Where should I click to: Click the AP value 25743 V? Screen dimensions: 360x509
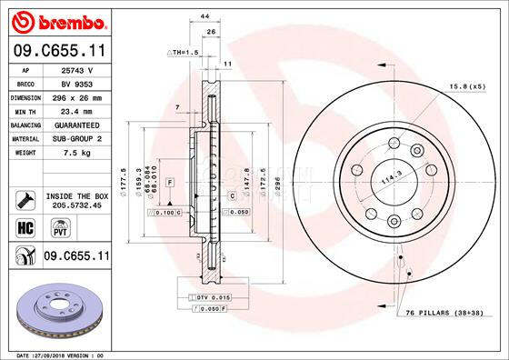point(78,70)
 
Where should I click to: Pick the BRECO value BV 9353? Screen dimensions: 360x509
point(78,83)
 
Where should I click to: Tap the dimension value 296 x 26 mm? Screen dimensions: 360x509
point(78,96)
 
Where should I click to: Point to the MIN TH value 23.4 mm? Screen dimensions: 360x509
point(78,110)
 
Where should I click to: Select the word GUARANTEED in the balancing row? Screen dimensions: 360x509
point(78,124)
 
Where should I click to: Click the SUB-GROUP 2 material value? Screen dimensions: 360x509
point(78,138)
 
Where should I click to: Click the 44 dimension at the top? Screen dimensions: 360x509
point(205,17)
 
